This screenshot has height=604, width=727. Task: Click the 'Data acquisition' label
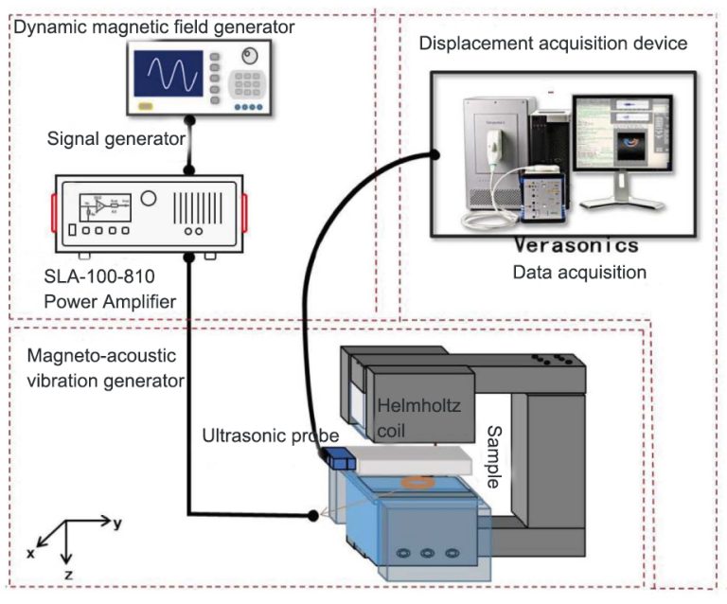point(578,273)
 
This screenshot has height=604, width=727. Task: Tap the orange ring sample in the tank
point(417,484)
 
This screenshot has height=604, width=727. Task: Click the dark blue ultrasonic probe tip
point(338,461)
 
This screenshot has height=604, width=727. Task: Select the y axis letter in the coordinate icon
point(116,523)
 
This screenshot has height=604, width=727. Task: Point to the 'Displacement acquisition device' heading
point(553,44)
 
